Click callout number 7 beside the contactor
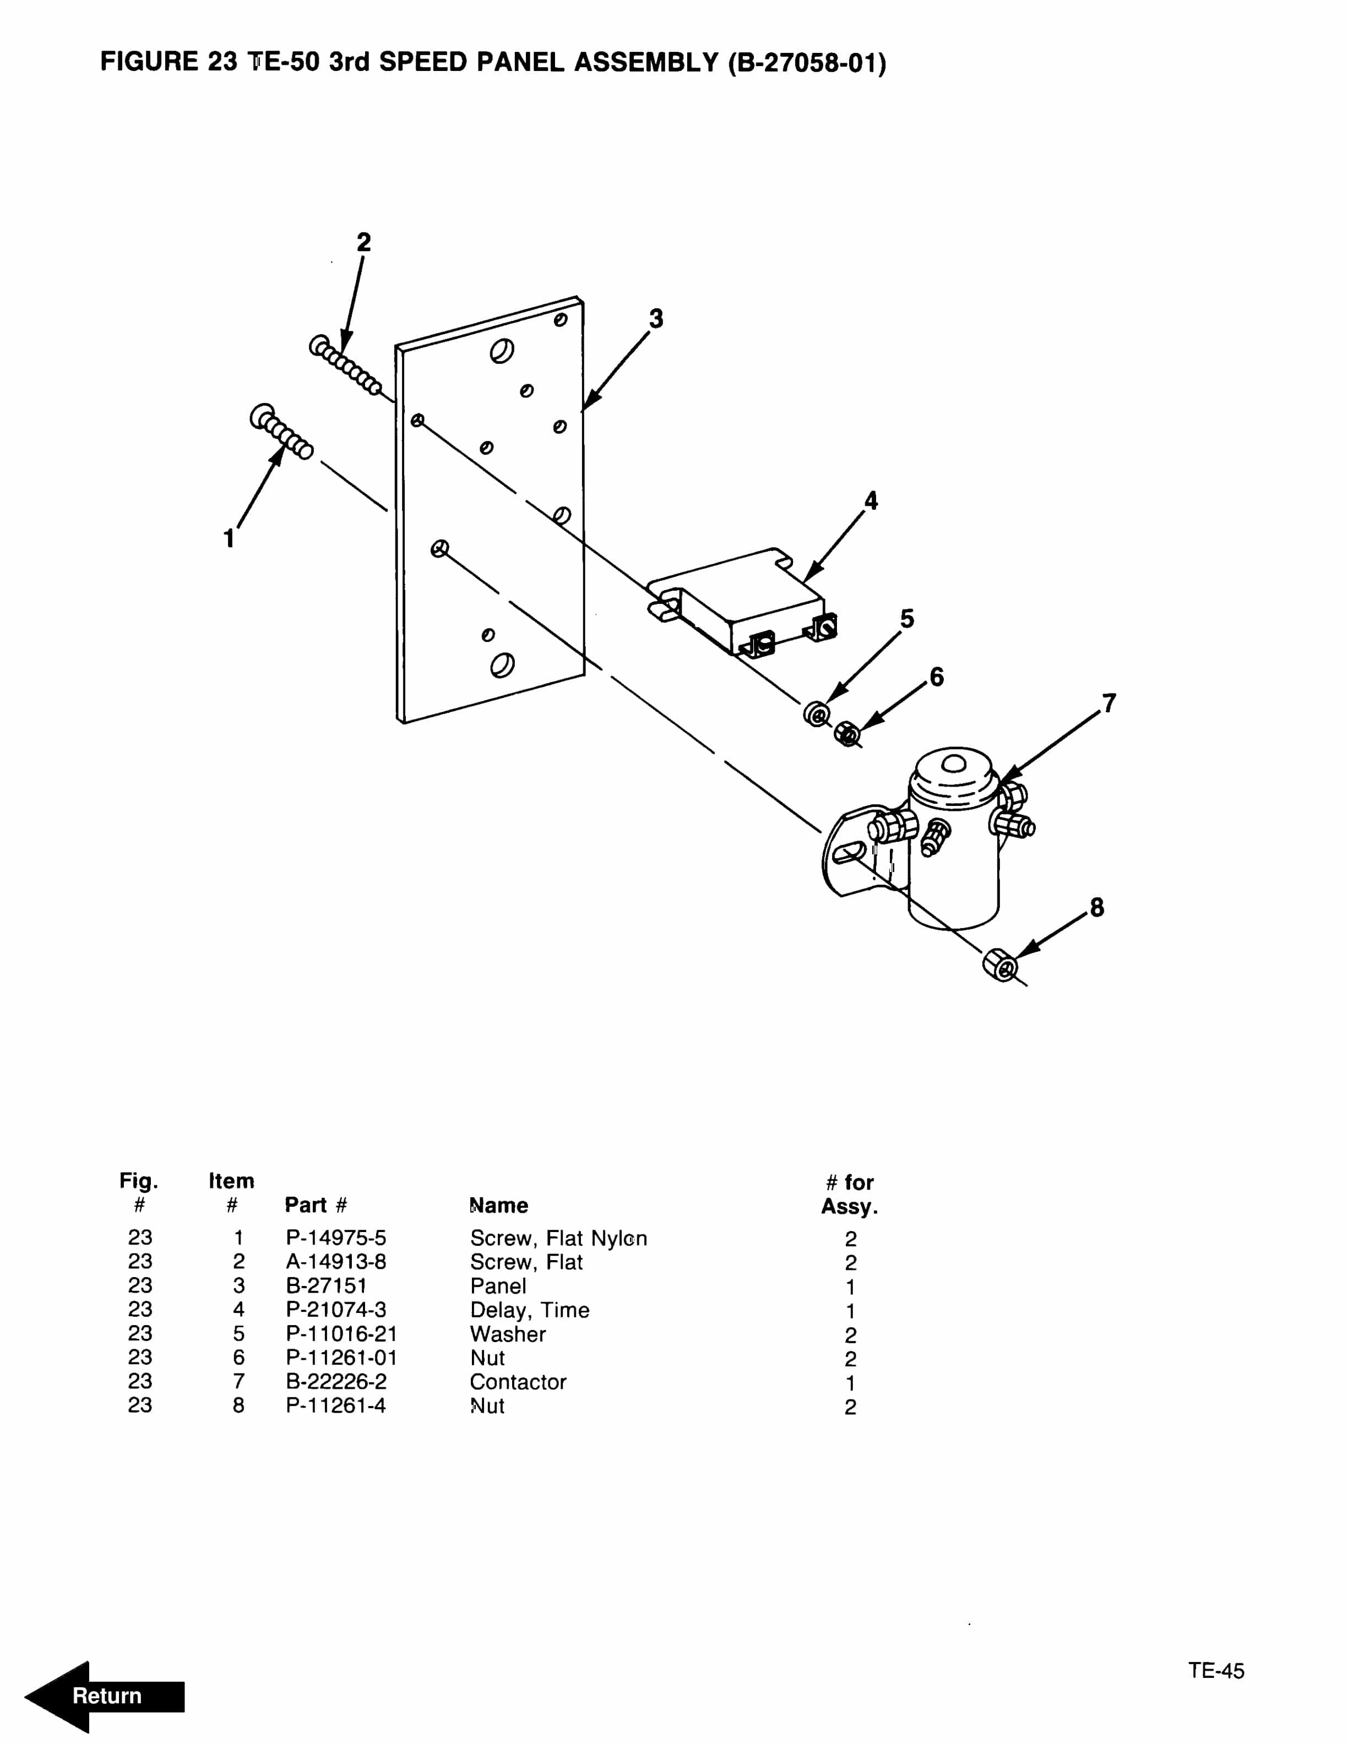[x=1108, y=704]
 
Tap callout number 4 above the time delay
[x=871, y=500]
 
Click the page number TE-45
[x=1215, y=1671]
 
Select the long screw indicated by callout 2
[x=345, y=365]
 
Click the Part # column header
[x=316, y=1205]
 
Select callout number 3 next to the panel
[x=656, y=319]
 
